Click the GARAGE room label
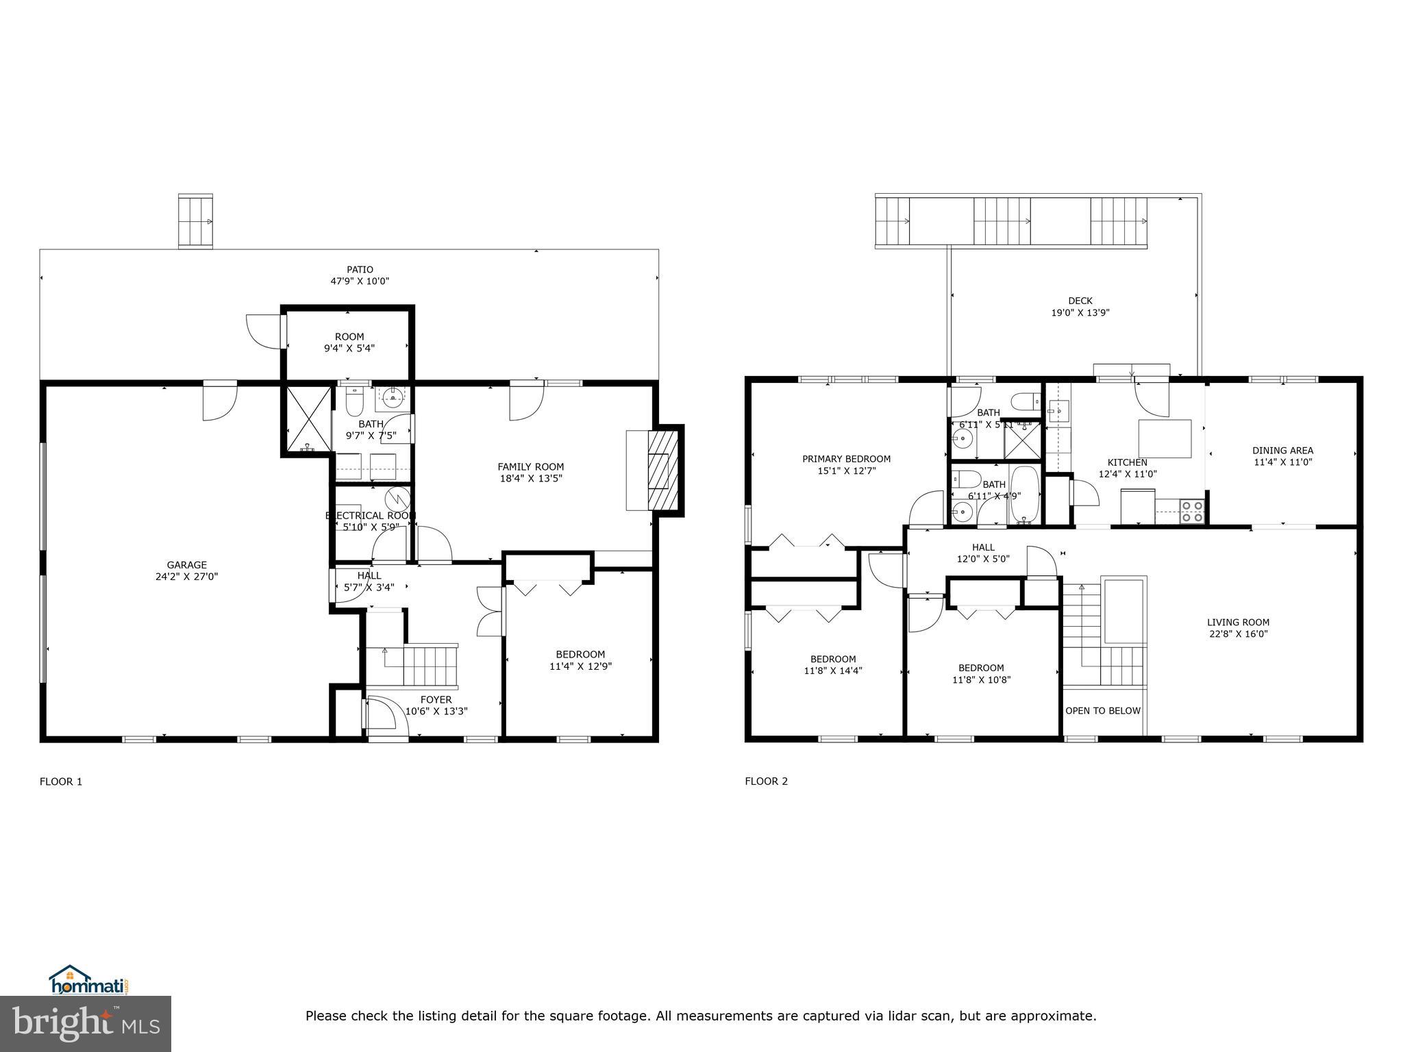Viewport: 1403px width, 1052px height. click(186, 565)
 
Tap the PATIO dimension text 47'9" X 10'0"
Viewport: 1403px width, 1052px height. click(360, 281)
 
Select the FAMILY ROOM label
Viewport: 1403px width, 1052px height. click(530, 467)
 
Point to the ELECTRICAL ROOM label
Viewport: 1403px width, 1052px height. click(371, 516)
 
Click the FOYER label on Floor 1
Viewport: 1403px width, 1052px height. click(436, 700)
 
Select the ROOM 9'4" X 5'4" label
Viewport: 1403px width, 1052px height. click(349, 342)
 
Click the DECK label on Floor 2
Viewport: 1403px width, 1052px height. click(1080, 301)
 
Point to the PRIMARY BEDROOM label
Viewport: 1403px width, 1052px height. click(847, 459)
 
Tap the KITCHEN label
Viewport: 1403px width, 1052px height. click(1128, 462)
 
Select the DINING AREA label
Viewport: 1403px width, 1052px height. click(1282, 451)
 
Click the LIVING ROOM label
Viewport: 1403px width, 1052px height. click(1238, 623)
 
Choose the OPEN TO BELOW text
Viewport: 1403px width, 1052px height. click(1103, 711)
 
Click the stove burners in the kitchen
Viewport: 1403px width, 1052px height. click(1193, 512)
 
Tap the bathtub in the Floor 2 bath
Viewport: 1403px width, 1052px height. click(1025, 494)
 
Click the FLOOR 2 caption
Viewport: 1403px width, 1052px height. click(766, 781)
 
